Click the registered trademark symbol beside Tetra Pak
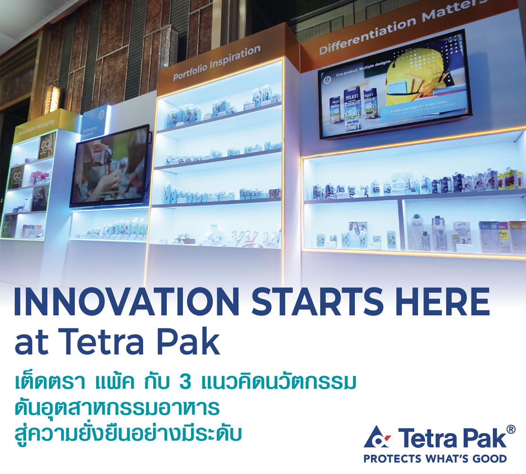pyautogui.click(x=510, y=429)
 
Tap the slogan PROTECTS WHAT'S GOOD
pyautogui.click(x=435, y=459)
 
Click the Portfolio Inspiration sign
pyautogui.click(x=217, y=63)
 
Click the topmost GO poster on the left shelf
pyautogui.click(x=46, y=146)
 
